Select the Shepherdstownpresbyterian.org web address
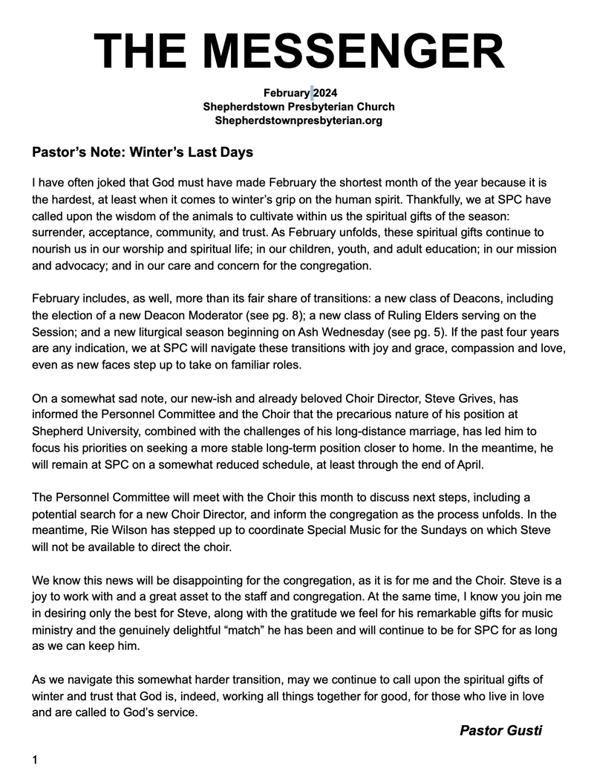298,120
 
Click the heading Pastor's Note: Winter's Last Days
143,152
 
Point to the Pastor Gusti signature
500,730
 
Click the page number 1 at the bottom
35,759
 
